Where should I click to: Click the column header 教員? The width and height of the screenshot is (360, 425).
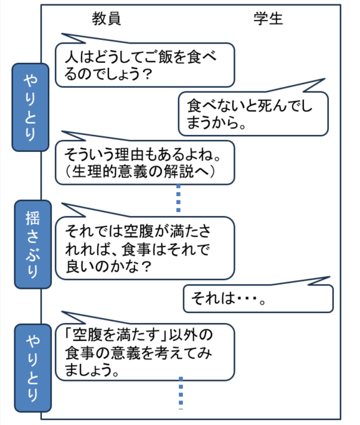pos(107,19)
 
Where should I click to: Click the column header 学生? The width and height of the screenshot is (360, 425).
pos(268,19)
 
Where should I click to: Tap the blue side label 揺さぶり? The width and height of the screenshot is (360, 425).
pos(33,245)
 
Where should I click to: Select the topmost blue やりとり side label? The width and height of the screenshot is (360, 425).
pos(31,107)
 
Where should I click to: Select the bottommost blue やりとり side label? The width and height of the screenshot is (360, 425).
pos(33,368)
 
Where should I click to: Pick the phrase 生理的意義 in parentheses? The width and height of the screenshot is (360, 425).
pos(110,171)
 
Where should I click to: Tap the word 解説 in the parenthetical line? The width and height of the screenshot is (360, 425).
pos(179,171)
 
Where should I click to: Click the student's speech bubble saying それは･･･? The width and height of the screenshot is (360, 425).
pos(258,299)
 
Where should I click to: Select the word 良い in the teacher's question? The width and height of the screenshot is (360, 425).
pos(81,266)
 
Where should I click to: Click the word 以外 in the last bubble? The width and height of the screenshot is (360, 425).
pos(184,335)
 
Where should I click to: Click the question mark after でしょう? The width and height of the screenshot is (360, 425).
pos(147,74)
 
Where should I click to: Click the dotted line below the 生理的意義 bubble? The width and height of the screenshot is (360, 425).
pos(178,198)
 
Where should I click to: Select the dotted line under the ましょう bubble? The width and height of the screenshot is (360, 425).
pos(181,393)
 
